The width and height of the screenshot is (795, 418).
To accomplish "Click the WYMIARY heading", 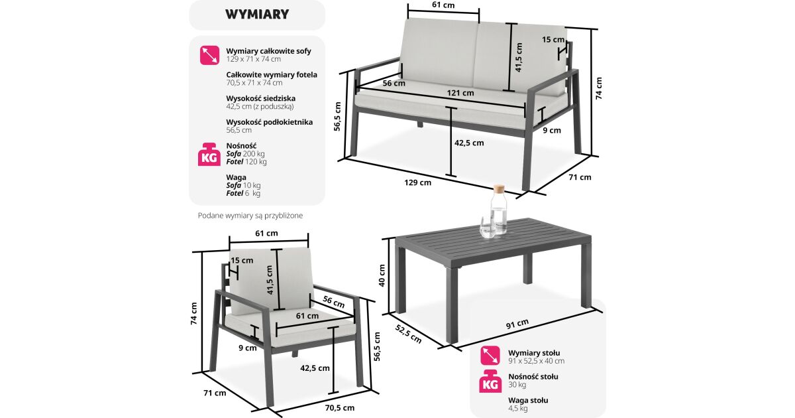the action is pos(257,14).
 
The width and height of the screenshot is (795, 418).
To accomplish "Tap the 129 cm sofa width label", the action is pos(418,182).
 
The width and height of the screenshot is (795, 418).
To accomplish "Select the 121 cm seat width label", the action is pos(460,93).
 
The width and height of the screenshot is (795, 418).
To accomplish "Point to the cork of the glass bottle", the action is pos(499,188).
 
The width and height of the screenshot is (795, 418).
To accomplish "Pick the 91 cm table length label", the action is pos(517,324).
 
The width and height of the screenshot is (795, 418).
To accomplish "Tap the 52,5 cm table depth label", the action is pos(409,334).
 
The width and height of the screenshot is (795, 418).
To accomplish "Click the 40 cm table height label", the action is pos(382,275).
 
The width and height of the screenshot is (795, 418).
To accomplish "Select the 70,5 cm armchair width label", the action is pos(340,407).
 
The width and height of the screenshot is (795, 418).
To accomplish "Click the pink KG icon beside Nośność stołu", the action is pos(490,381).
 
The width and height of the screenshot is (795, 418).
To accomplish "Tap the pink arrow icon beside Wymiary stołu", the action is pos(490,356).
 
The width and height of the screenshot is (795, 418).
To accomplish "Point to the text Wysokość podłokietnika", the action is pos(270,122).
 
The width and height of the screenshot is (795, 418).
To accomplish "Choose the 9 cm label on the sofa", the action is pos(552,131).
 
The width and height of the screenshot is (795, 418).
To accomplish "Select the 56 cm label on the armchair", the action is pos(333,302).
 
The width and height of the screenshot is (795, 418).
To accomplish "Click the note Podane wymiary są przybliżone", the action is pos(250,216).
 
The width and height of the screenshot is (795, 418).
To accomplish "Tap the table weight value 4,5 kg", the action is pos(518,409).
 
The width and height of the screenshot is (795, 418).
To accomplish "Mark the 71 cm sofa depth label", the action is pos(580,177).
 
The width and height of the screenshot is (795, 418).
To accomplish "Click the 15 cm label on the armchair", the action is pos(242,261).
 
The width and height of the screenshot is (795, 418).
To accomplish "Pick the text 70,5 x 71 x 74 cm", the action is pos(254,83).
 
